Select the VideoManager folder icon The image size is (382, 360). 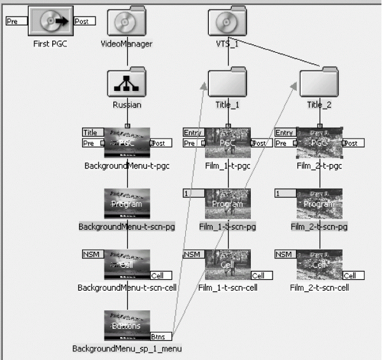(127, 24)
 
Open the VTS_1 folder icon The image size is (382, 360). (227, 24)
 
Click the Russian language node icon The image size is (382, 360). (127, 83)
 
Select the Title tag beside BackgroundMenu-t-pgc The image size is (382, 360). (92, 132)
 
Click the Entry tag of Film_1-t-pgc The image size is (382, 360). (192, 132)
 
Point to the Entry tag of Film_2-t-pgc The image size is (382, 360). (284, 132)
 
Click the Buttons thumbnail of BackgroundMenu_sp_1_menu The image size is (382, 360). (127, 325)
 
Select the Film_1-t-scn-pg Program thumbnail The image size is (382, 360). (227, 204)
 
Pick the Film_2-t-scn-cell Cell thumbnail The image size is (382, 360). (319, 264)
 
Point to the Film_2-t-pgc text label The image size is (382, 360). (320, 166)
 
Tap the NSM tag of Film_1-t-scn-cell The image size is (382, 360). (192, 254)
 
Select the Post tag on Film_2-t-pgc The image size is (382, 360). (355, 143)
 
